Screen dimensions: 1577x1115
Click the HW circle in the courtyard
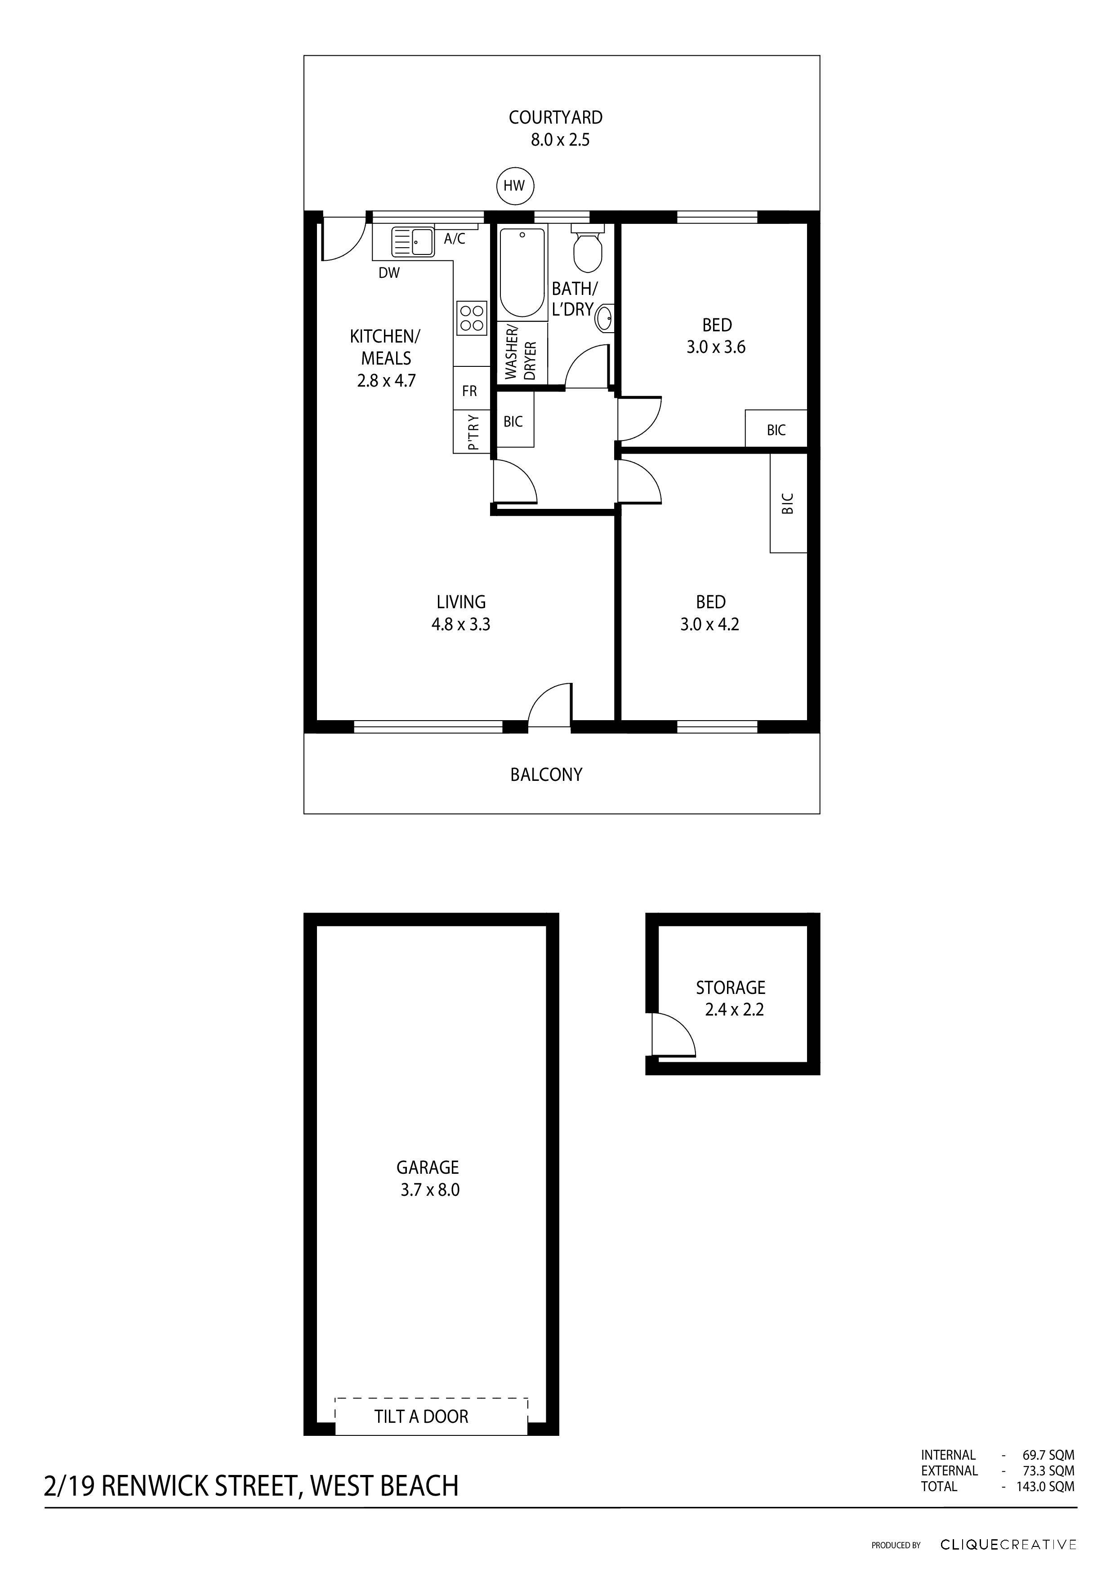(514, 186)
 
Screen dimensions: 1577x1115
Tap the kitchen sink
(412, 242)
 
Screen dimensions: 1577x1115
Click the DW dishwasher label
(389, 273)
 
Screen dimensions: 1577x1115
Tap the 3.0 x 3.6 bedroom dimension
(716, 347)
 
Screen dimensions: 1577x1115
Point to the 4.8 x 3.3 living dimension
(460, 624)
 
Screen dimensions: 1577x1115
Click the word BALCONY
(546, 775)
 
